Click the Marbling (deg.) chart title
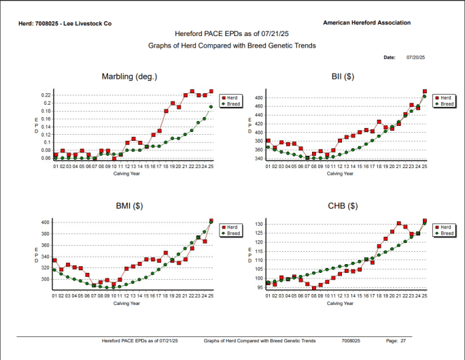(x=130, y=76)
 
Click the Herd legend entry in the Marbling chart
(x=232, y=98)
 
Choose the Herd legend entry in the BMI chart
(x=232, y=227)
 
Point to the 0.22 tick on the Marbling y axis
(x=46, y=95)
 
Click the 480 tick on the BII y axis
(x=258, y=98)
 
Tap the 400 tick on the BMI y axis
(x=46, y=223)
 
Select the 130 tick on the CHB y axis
(x=258, y=224)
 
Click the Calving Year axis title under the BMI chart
(x=126, y=304)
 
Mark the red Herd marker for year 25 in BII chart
(x=425, y=91)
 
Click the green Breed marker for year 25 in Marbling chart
(x=211, y=106)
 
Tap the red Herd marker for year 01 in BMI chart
(x=54, y=260)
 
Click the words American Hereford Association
(x=367, y=22)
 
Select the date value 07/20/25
(x=415, y=58)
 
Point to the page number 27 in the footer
(x=403, y=340)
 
